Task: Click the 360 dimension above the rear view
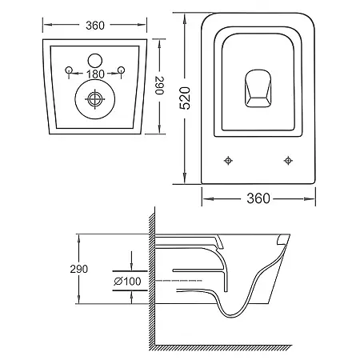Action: (x=95, y=26)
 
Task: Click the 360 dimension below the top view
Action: (x=258, y=198)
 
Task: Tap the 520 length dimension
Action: (x=185, y=98)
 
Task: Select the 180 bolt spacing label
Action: (x=95, y=74)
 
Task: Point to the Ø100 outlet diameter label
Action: (x=127, y=281)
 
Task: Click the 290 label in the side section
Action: (x=78, y=269)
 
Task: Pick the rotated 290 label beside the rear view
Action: (x=159, y=86)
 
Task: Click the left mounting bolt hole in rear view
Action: (x=69, y=70)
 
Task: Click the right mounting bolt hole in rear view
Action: (x=122, y=70)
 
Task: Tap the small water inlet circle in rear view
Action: (x=95, y=60)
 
